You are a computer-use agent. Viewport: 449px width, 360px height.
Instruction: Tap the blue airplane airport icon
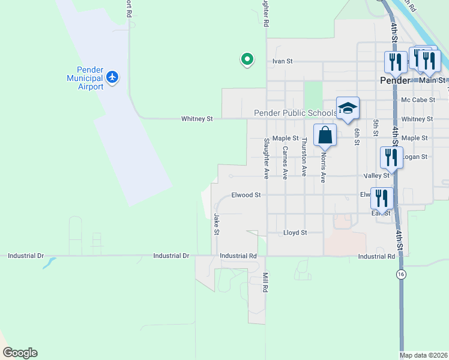coord(112,77)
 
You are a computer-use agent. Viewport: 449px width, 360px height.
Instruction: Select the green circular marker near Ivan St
coord(246,59)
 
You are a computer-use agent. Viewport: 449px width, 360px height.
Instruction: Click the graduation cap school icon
coord(348,108)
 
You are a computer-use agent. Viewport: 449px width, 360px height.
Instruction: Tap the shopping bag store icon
coord(325,134)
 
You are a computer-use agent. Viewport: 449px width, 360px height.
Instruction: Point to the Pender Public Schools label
coord(295,113)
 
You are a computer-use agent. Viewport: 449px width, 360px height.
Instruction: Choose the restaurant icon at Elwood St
coord(382,198)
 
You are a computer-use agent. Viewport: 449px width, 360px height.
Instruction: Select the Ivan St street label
coord(282,61)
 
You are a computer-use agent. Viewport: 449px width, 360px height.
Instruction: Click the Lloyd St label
coord(295,232)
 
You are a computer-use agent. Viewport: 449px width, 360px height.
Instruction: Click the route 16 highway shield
coord(401,274)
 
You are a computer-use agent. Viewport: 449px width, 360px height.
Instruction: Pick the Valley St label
coord(376,176)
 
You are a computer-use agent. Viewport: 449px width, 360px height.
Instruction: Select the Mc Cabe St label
coord(418,100)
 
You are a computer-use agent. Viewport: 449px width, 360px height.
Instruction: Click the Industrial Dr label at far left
coord(26,256)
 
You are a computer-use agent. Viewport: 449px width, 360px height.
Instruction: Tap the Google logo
coord(20,353)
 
